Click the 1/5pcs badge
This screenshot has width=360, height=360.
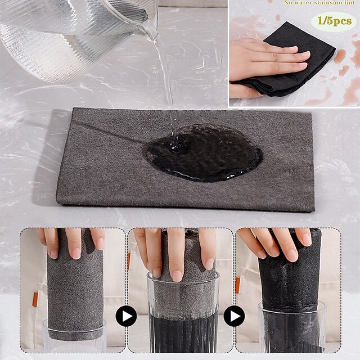click(335, 21)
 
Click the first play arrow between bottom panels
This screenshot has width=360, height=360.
click(126, 317)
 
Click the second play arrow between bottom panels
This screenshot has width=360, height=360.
click(234, 317)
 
